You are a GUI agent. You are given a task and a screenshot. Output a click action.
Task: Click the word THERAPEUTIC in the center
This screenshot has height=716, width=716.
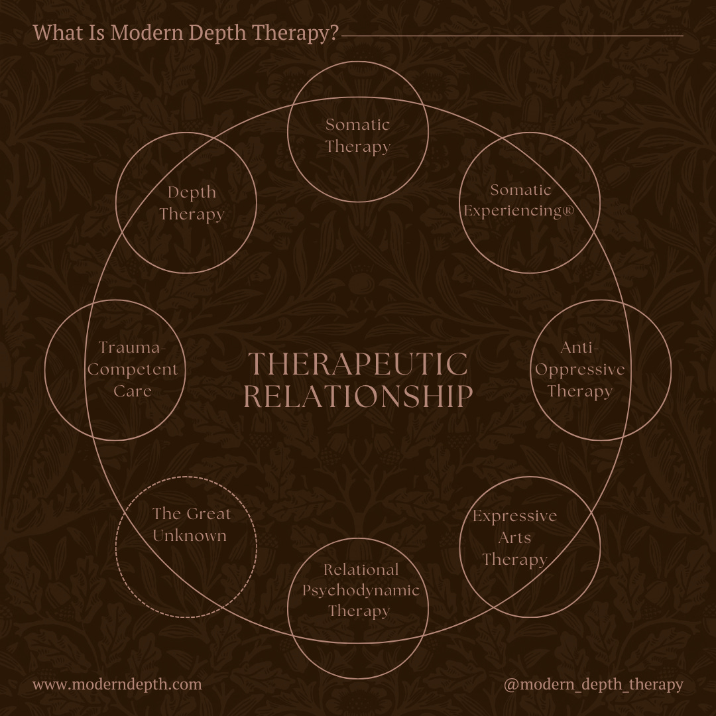pos(358,364)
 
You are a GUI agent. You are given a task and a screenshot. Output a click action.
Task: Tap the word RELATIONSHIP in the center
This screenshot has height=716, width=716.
pos(358,396)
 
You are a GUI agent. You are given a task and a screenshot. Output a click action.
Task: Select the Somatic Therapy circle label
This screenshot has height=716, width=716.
pos(358,136)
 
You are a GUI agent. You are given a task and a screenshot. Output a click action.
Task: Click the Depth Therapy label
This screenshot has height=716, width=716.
pos(192,204)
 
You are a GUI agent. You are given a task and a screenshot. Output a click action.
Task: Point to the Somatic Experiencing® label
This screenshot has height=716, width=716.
pos(519,200)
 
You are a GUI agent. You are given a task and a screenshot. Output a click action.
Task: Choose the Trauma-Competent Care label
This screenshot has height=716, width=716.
pos(133,369)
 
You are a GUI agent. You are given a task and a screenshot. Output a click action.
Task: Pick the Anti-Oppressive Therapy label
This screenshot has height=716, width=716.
pos(580,369)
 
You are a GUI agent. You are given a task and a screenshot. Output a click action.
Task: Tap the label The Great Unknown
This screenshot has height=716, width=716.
pos(191,524)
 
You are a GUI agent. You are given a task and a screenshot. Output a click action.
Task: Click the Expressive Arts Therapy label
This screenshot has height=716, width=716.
pos(514,538)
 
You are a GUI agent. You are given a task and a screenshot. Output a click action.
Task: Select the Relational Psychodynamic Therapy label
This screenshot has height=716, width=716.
pos(361,591)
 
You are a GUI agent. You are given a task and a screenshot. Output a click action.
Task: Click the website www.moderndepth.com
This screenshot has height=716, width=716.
pos(117,684)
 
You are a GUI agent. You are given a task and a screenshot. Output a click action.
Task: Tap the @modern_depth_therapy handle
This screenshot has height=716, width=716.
pos(593,684)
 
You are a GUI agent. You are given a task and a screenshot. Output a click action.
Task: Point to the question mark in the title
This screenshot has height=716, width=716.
pos(333,32)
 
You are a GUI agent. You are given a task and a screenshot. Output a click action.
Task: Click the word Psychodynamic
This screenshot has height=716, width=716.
pos(361,591)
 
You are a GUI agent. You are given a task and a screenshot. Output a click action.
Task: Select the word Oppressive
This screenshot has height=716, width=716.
pos(580,370)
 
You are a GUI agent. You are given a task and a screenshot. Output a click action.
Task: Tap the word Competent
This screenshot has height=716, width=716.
pos(133,369)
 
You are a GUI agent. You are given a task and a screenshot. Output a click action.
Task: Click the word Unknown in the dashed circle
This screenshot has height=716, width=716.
pos(190,536)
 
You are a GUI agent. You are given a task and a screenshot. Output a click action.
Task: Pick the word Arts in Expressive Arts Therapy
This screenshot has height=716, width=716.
pos(514,538)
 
